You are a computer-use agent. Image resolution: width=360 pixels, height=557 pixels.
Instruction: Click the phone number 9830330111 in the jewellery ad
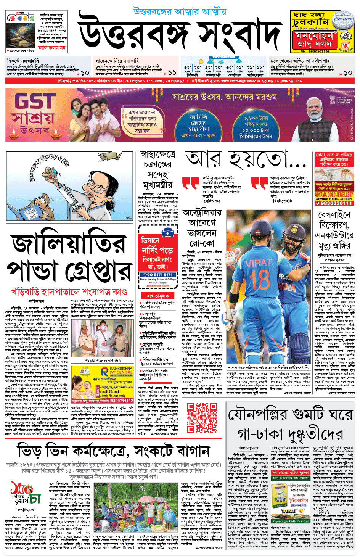334,203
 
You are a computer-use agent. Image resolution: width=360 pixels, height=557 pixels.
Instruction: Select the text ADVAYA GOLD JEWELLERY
334,195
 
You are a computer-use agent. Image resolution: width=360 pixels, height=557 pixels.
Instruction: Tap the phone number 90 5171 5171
157,275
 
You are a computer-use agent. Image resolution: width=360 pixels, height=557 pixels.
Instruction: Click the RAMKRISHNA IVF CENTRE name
121,370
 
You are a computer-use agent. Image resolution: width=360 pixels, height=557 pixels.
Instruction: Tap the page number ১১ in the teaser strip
172,72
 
